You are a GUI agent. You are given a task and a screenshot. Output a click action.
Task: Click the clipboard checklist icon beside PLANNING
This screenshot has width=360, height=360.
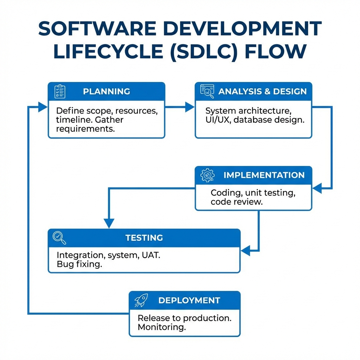[60, 91]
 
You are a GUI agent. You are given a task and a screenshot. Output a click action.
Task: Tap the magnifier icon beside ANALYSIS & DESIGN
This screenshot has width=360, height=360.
[207, 91]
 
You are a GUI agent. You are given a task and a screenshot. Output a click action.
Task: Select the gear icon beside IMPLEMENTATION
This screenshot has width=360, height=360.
[207, 175]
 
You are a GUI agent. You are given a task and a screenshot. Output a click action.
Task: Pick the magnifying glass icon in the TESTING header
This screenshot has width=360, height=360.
[59, 238]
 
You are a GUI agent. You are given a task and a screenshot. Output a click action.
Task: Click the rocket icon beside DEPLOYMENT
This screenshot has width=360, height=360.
[141, 300]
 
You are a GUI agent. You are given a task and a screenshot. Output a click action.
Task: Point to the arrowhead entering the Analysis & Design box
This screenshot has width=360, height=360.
[190, 107]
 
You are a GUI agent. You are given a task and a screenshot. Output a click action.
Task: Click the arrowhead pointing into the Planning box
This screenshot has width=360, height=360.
[43, 107]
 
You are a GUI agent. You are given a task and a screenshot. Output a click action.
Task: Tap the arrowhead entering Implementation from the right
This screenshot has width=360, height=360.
[317, 188]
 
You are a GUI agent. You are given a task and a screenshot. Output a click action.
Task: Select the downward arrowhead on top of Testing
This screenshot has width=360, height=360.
[109, 223]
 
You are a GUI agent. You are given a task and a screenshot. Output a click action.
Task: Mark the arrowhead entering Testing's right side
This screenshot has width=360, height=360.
[245, 251]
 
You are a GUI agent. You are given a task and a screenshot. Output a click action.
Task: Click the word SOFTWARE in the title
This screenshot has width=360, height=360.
[97, 28]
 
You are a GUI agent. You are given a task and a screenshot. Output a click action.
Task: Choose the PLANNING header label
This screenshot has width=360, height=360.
[107, 91]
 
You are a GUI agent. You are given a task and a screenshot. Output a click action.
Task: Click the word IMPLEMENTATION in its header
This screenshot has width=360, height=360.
[264, 175]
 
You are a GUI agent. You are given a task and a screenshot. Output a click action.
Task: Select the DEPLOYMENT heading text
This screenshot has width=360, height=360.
[189, 300]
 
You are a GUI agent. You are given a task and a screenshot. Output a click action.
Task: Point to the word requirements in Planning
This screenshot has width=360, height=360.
[85, 129]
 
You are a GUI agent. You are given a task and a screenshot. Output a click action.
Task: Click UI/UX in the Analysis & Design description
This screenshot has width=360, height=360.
[217, 120]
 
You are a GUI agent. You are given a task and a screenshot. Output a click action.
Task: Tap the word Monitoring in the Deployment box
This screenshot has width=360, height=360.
[162, 327]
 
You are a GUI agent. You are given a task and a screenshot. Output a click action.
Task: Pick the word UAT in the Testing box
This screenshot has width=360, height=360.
[151, 255]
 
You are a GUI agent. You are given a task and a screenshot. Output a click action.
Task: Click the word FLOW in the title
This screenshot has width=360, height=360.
[276, 51]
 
